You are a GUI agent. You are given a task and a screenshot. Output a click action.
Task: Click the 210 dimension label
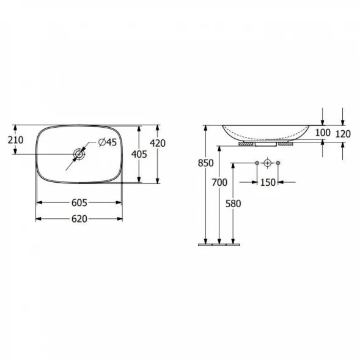click(x=16, y=140)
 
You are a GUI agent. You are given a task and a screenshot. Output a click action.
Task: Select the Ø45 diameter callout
click(x=108, y=142)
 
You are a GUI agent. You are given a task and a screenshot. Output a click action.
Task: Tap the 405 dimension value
click(x=139, y=154)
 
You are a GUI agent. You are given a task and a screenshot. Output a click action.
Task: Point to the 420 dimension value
click(x=158, y=143)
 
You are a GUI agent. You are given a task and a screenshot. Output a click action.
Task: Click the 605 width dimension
click(x=79, y=203)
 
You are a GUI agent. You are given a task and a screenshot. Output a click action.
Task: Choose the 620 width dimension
click(x=79, y=219)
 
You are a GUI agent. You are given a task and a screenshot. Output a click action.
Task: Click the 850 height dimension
click(x=206, y=163)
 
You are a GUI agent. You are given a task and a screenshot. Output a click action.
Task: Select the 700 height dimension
click(x=219, y=183)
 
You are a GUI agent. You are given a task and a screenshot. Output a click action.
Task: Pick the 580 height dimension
click(x=233, y=204)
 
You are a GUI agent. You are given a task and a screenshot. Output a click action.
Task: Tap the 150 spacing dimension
click(x=268, y=183)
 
